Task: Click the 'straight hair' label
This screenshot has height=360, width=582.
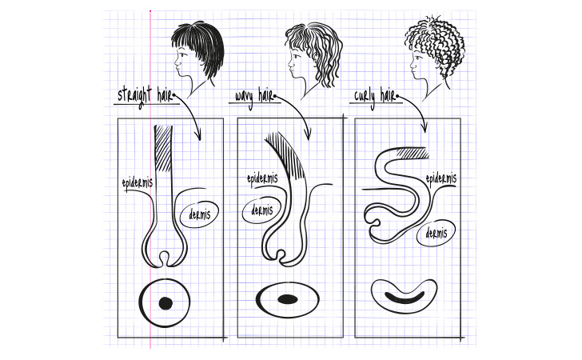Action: click(x=145, y=96)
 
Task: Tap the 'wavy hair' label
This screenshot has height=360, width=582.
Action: click(x=254, y=97)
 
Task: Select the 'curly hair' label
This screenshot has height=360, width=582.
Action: click(x=374, y=97)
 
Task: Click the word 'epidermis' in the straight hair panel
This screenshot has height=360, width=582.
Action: click(x=138, y=183)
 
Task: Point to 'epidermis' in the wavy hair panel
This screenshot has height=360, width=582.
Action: click(x=262, y=179)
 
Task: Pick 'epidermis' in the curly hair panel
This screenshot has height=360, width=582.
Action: click(x=441, y=179)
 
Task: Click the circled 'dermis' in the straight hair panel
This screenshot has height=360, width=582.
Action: click(x=199, y=214)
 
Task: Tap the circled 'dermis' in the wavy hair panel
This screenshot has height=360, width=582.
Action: click(x=261, y=210)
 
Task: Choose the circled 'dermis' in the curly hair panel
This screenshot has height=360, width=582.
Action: click(x=436, y=234)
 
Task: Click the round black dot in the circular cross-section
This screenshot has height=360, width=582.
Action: click(x=165, y=303)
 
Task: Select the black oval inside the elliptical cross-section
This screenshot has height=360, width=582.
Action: click(x=288, y=299)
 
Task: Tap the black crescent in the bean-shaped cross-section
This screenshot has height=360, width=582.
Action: click(x=405, y=298)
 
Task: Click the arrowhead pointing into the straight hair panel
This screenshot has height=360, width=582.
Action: click(x=198, y=135)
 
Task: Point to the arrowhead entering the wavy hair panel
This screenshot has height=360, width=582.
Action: click(x=308, y=134)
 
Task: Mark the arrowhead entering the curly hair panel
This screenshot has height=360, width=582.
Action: click(x=425, y=127)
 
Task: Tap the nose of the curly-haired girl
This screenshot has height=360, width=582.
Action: click(x=412, y=65)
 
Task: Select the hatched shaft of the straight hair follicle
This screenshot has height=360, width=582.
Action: click(x=163, y=148)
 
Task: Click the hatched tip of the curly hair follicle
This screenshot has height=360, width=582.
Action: click(x=413, y=153)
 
